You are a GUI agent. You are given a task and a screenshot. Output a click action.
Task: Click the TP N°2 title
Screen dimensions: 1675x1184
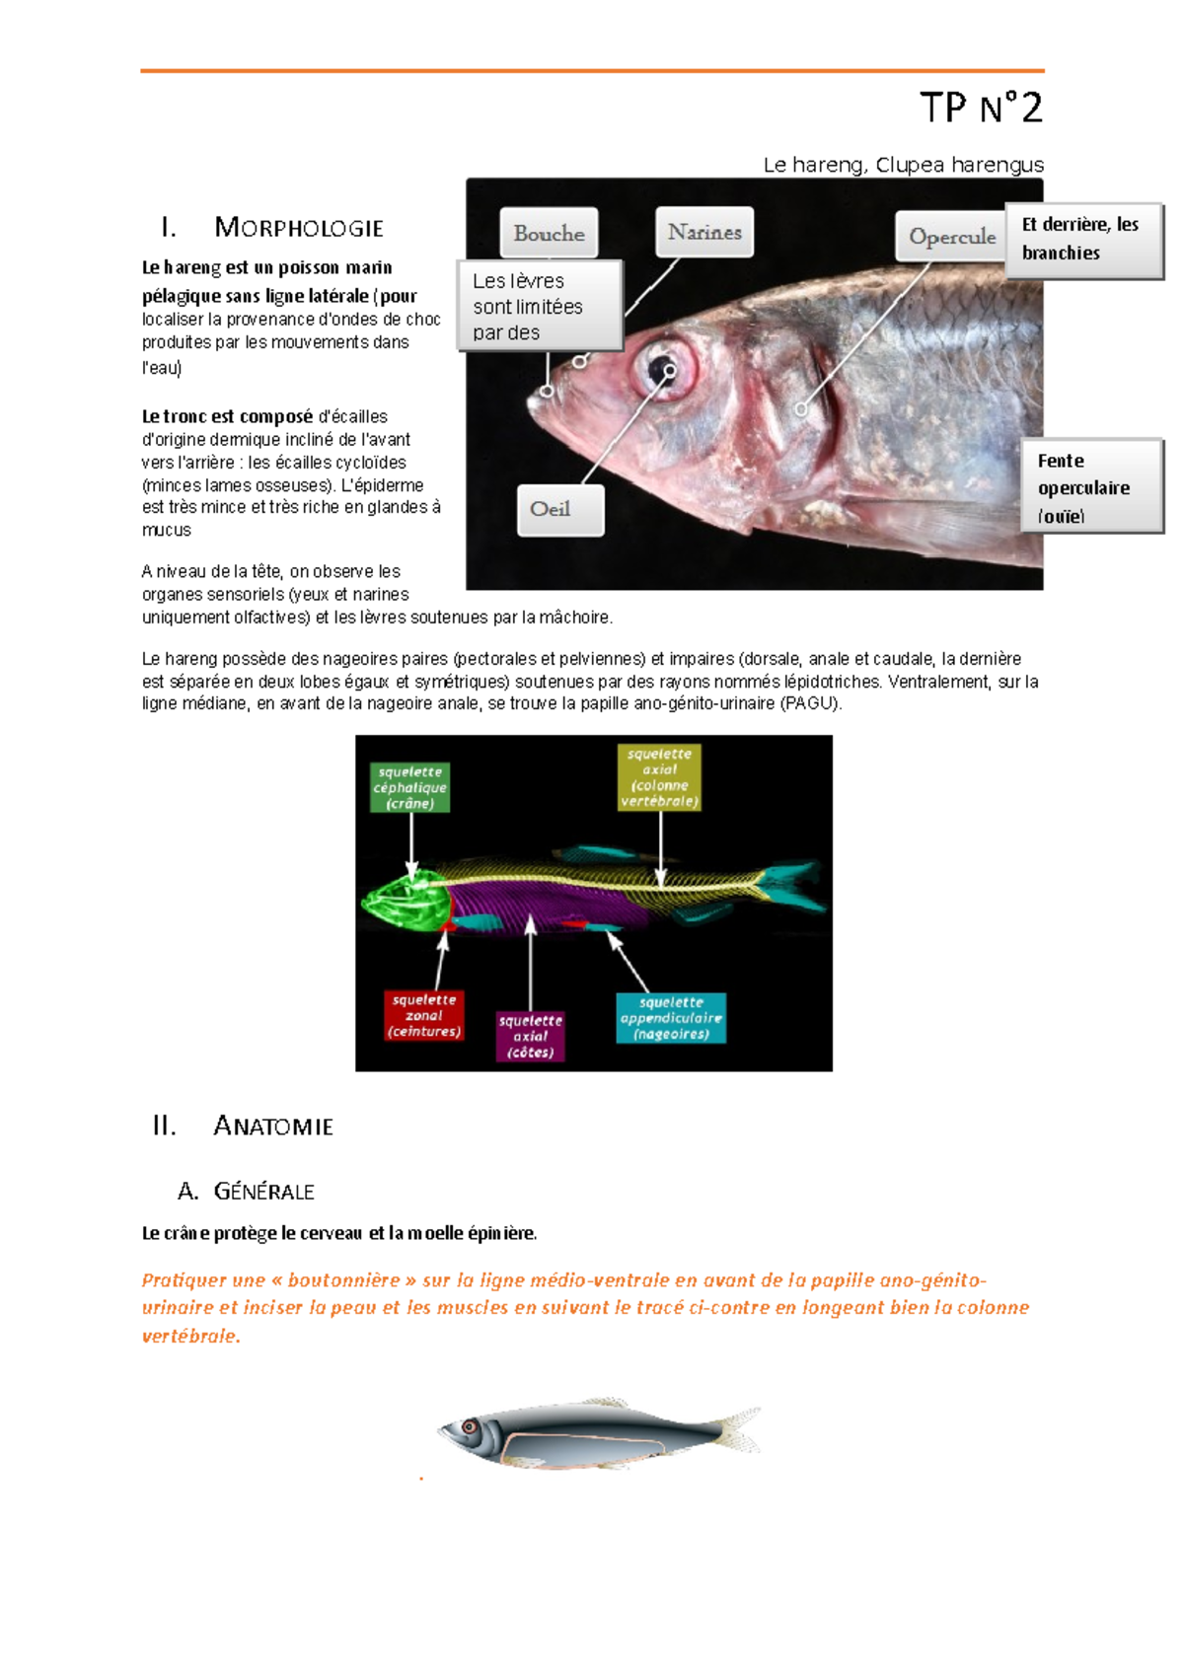coord(981,108)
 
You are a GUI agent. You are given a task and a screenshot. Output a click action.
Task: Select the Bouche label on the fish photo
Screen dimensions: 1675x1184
coord(549,234)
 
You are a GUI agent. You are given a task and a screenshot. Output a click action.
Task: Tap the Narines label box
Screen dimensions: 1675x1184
coord(704,232)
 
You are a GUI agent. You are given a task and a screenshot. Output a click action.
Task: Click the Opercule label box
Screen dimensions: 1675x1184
coord(951,237)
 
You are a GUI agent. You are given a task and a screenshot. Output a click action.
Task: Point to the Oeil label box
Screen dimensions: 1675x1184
coord(559,509)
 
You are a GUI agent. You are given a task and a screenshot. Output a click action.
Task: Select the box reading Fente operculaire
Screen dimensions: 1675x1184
coord(1091,487)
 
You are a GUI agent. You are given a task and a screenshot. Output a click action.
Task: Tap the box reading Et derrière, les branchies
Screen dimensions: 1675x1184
coord(1083,240)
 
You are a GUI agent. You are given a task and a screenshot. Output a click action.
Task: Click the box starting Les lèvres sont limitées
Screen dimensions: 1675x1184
coord(539,306)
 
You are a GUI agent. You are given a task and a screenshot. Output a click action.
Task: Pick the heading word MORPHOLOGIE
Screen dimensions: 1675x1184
coord(299,228)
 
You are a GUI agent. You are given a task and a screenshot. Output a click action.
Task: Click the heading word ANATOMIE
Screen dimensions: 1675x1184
coord(273,1126)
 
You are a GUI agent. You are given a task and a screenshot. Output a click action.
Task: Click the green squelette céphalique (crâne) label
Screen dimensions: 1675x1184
coord(410,787)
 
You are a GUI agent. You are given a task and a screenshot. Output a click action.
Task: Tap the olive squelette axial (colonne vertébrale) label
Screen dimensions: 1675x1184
coord(659,777)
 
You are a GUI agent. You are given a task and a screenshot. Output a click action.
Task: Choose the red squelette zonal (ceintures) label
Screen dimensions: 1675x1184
coord(424,1016)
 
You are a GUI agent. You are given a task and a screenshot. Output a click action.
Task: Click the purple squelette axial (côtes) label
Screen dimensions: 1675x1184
coord(530,1036)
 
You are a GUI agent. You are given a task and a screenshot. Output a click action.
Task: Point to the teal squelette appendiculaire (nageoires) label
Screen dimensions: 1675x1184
coord(671,1018)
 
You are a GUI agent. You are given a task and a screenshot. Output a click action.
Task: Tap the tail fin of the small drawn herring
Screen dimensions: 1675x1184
coord(741,1429)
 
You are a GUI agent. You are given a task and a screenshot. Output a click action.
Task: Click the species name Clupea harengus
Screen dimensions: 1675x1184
coord(958,165)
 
